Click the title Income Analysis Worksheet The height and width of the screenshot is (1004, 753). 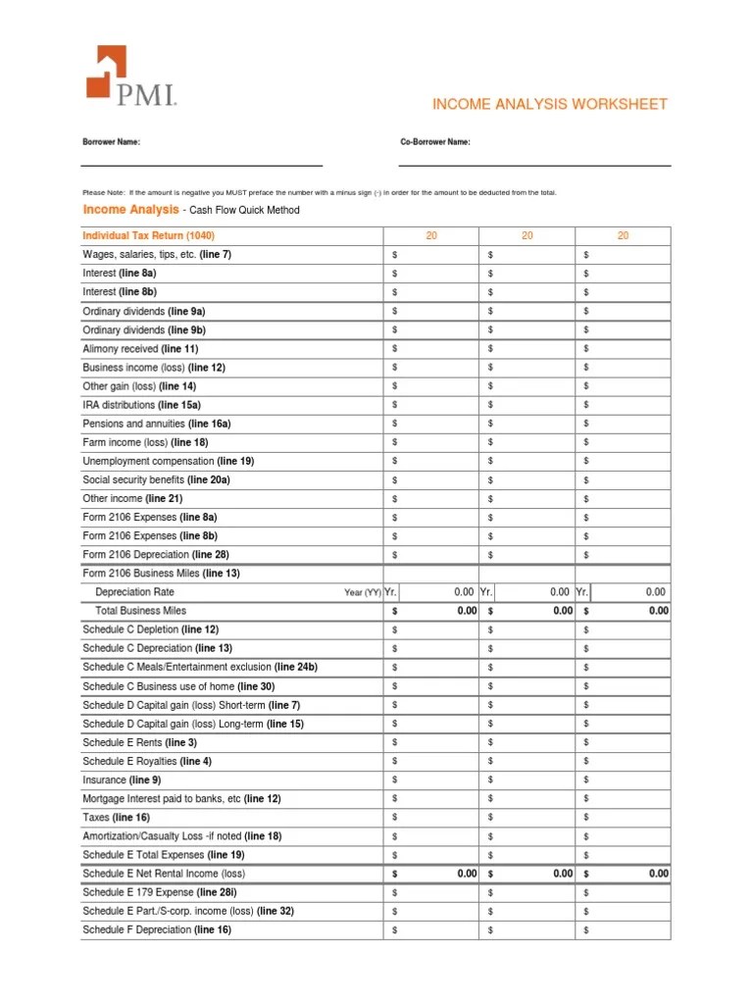[x=549, y=104]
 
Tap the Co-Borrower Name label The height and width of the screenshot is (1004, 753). [x=435, y=142]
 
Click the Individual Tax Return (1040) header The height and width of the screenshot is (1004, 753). [x=148, y=235]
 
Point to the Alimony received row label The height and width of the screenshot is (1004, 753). [x=140, y=348]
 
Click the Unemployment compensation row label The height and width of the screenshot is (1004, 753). [x=168, y=461]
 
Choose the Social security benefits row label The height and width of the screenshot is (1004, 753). [x=156, y=479]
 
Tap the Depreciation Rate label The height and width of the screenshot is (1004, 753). [x=134, y=592]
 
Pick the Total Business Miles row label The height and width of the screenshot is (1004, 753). [x=140, y=611]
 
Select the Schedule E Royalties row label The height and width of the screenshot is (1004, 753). [x=147, y=761]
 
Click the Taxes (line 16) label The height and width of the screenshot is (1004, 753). [x=116, y=817]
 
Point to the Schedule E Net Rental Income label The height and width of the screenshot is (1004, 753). [x=164, y=874]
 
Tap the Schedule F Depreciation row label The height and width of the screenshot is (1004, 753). [x=157, y=929]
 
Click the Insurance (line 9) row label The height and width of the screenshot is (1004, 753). [x=122, y=779]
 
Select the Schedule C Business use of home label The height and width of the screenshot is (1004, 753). [x=178, y=686]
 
